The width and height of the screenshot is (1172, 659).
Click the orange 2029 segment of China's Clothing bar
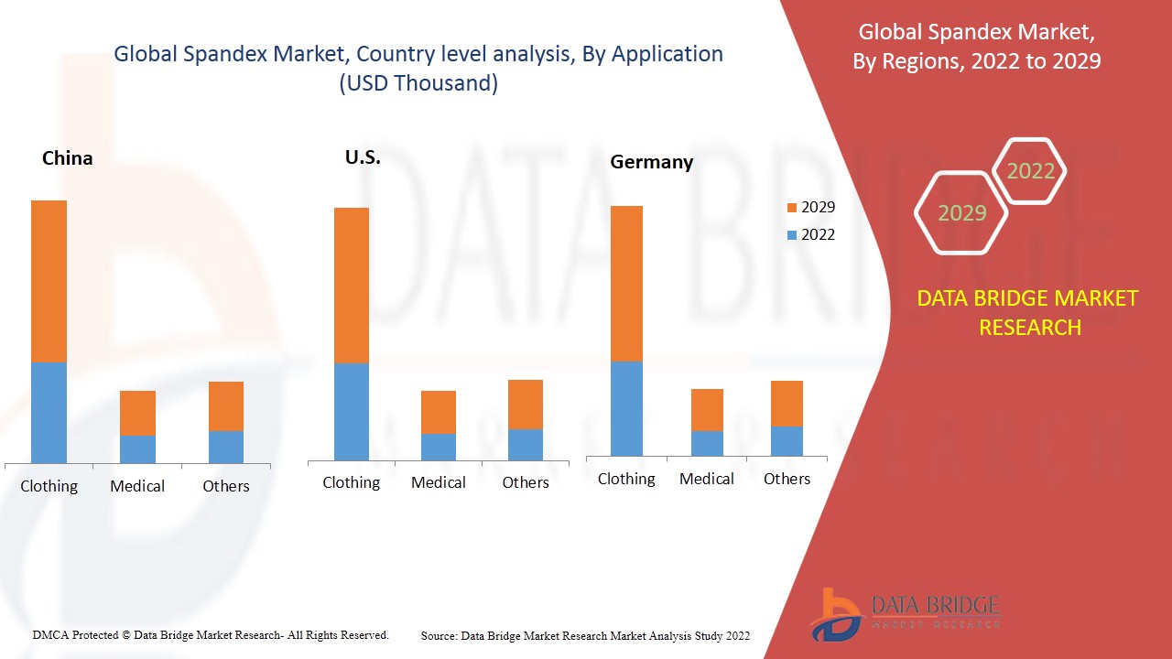[x=49, y=281]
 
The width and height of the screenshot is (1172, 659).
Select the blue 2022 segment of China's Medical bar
[x=137, y=448]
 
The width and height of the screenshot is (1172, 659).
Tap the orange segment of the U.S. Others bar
[x=526, y=405]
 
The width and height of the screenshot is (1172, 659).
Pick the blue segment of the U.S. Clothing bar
[x=352, y=411]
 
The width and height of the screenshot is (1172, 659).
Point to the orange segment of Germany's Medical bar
[x=707, y=410]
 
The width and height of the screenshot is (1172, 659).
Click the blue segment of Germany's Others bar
[x=787, y=441]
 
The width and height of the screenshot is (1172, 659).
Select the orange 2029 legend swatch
[x=793, y=208]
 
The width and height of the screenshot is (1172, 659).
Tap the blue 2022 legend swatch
[x=793, y=235]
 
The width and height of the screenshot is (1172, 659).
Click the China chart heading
[x=68, y=158]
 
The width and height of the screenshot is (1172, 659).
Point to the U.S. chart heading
[x=363, y=157]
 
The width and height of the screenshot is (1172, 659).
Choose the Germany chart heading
[x=652, y=162]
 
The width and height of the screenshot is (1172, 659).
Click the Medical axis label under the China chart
[x=137, y=486]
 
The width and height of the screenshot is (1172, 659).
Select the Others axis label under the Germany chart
[x=787, y=479]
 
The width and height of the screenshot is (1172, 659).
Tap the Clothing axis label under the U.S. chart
[x=352, y=482]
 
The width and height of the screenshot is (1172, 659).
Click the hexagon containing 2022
[x=1030, y=171]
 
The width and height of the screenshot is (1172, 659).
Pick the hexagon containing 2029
[x=961, y=213]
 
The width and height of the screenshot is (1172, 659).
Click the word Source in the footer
[x=439, y=635]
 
